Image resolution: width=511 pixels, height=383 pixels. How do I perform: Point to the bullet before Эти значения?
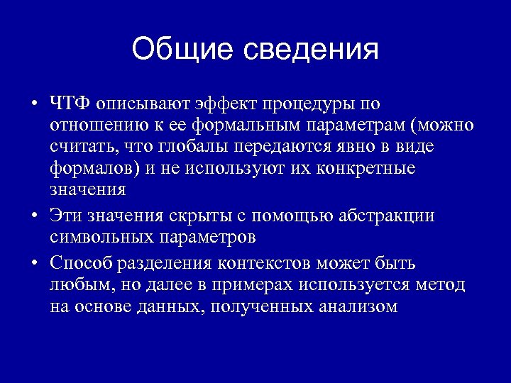(34, 216)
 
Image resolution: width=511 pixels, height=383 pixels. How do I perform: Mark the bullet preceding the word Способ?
(34, 264)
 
